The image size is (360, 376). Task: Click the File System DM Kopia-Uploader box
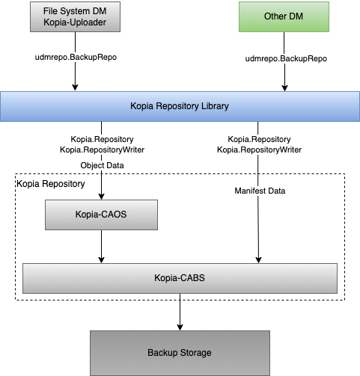click(75, 17)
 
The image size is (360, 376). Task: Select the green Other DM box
click(284, 17)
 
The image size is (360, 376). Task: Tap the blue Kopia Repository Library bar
click(180, 106)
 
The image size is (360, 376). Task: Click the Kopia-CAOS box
click(101, 215)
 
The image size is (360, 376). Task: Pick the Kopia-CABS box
click(180, 278)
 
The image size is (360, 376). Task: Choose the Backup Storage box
click(180, 353)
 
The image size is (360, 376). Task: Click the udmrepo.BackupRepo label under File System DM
click(76, 57)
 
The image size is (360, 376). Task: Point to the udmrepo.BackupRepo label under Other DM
click(286, 58)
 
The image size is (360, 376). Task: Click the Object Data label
click(102, 165)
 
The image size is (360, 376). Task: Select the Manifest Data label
click(260, 191)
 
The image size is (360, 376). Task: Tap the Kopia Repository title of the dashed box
click(51, 184)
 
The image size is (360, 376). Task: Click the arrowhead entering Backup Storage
click(180, 327)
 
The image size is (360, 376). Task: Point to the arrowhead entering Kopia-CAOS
click(101, 197)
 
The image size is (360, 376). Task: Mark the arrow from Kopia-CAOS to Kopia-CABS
click(101, 247)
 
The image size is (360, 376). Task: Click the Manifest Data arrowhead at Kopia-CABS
click(258, 260)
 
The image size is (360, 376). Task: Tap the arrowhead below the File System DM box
click(75, 87)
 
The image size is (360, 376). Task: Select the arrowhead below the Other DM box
click(284, 88)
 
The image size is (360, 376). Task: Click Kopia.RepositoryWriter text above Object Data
click(102, 150)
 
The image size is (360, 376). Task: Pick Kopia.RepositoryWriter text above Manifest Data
click(259, 150)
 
